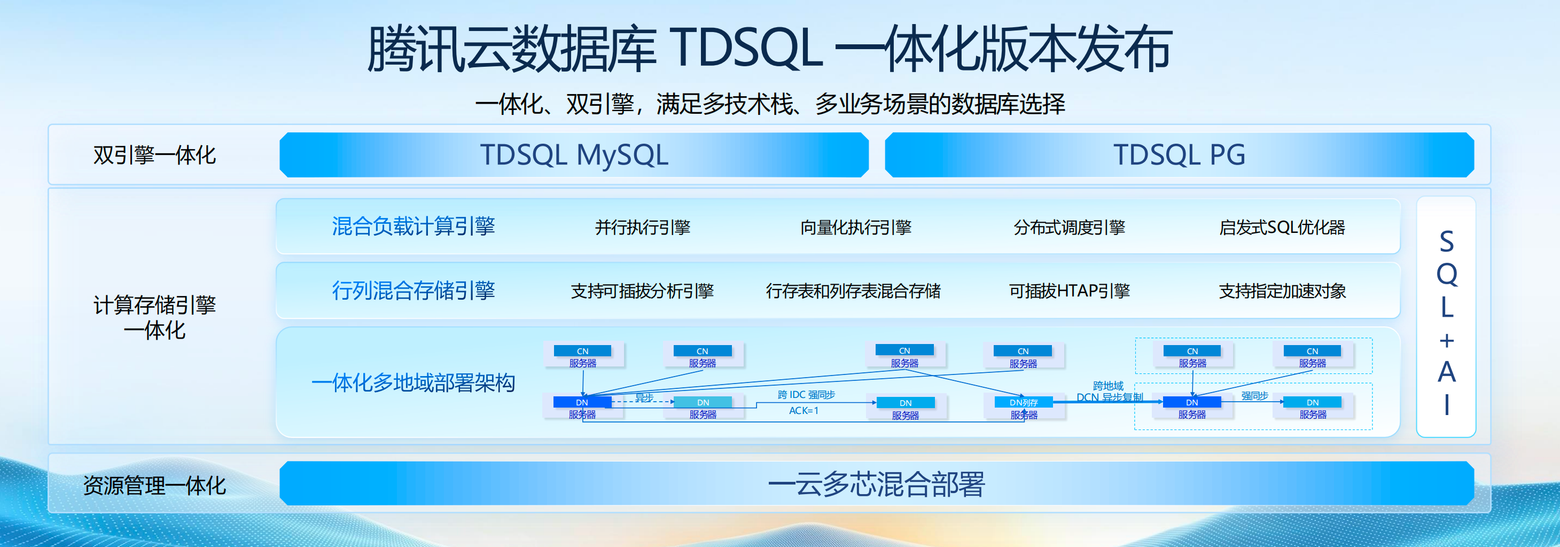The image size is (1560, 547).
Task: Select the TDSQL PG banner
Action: point(1179,155)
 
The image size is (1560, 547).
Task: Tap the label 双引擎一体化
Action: point(154,155)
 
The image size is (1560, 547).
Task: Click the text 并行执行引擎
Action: point(643,227)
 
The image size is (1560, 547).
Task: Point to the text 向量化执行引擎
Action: point(856,227)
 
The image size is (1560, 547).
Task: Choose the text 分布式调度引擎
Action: point(1069,227)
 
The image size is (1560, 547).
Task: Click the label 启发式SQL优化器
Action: point(1282,227)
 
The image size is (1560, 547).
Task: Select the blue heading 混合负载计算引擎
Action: point(413,226)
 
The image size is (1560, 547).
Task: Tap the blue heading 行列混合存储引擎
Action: point(413,291)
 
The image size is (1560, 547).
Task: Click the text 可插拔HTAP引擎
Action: point(1069,291)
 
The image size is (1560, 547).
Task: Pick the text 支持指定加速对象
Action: point(1282,291)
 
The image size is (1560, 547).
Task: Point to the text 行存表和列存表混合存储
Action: point(853,291)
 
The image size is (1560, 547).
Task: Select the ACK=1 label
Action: point(804,411)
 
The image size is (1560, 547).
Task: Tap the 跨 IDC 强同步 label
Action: point(806,395)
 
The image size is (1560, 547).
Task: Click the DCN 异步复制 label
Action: point(1109,397)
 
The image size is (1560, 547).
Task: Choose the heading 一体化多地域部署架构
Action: point(413,383)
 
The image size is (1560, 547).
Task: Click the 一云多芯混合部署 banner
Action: point(876,484)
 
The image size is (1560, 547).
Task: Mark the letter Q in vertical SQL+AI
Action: point(1446,275)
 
